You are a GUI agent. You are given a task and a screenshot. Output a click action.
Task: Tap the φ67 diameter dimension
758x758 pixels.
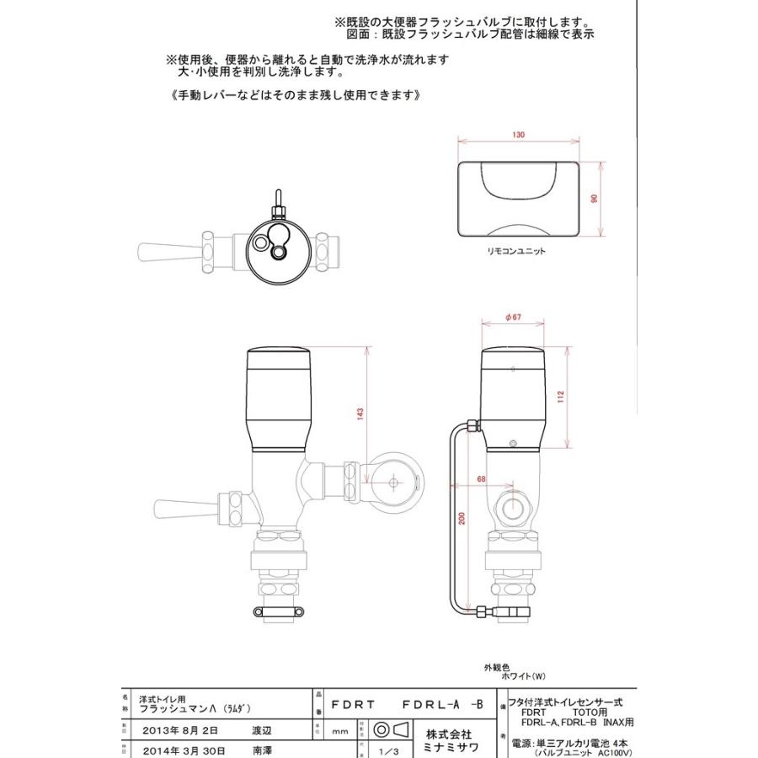point(515,317)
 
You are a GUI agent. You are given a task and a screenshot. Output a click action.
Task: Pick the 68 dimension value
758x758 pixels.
point(481,479)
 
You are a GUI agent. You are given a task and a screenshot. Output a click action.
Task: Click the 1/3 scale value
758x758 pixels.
point(389,750)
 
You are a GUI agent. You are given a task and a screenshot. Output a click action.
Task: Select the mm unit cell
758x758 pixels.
point(340,732)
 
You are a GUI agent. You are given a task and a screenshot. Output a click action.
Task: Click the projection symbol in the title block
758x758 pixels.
point(389,729)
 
